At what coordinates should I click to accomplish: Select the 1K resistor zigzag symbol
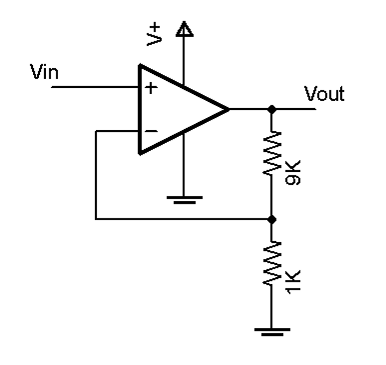[x=271, y=264]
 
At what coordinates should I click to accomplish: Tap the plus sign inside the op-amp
[x=152, y=88]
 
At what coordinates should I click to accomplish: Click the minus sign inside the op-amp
[x=152, y=131]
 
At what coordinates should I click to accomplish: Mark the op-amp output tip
[x=228, y=109]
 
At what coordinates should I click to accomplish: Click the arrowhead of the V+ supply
[x=184, y=29]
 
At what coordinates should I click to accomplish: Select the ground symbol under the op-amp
[x=184, y=200]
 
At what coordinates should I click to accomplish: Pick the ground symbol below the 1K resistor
[x=271, y=331]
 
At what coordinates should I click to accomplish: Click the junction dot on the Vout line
[x=271, y=109]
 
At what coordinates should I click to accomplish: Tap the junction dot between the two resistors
[x=271, y=219]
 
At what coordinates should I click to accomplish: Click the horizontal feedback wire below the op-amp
[x=183, y=219]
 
